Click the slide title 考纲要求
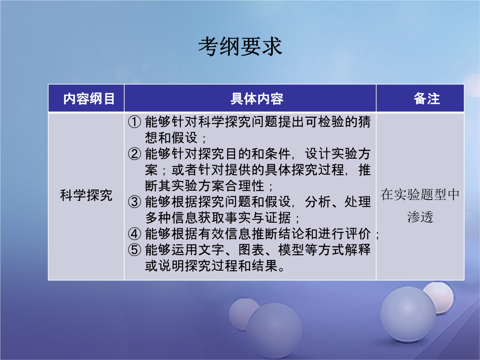click(x=240, y=47)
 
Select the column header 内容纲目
click(x=89, y=99)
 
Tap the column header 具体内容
click(x=257, y=99)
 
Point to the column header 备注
click(x=427, y=99)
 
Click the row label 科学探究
click(x=86, y=195)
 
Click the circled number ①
click(x=134, y=122)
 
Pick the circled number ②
click(x=134, y=154)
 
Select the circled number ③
click(x=134, y=202)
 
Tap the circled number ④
click(x=134, y=234)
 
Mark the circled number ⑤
click(x=134, y=250)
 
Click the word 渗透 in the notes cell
click(x=420, y=217)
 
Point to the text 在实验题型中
click(x=420, y=194)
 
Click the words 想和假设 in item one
click(x=172, y=138)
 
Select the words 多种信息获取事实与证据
click(x=218, y=218)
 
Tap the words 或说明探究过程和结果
click(x=211, y=266)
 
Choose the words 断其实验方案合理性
click(x=204, y=186)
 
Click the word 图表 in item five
click(x=251, y=250)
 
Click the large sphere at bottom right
click(x=408, y=315)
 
